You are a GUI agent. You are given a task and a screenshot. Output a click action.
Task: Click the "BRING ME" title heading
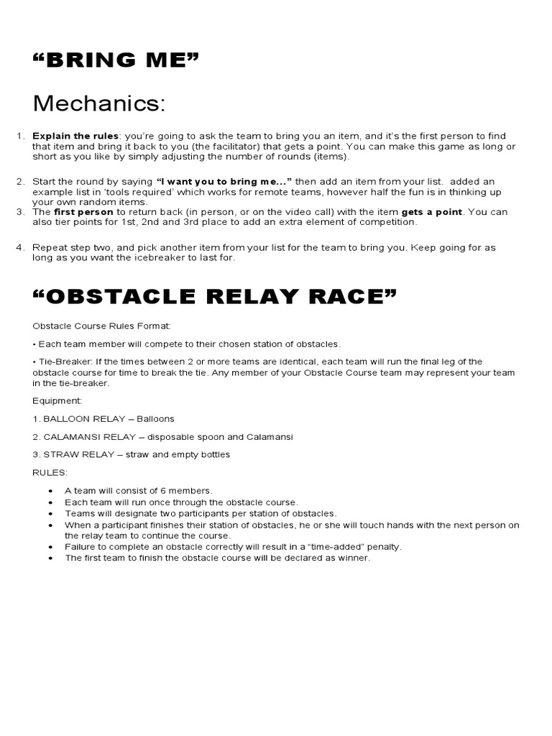115,58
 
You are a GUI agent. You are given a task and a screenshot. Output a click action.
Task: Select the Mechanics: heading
99,103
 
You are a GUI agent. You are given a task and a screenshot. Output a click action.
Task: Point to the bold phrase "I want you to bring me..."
224,182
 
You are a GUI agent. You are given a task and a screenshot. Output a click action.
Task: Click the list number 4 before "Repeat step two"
20,247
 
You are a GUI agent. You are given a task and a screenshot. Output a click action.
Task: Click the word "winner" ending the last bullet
353,558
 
